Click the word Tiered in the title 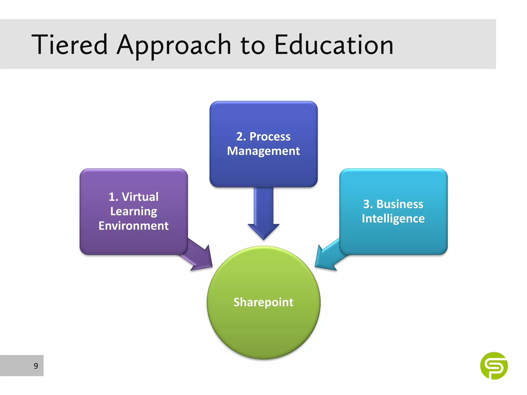(69, 45)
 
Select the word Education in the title (334, 45)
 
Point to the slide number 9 (36, 366)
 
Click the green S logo (494, 366)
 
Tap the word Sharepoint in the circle (263, 302)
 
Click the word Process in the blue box (270, 137)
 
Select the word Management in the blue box (263, 151)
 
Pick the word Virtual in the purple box (140, 197)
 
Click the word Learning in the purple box (134, 211)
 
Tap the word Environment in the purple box (134, 226)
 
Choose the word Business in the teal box (400, 204)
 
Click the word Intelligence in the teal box (393, 219)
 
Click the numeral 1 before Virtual (112, 197)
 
